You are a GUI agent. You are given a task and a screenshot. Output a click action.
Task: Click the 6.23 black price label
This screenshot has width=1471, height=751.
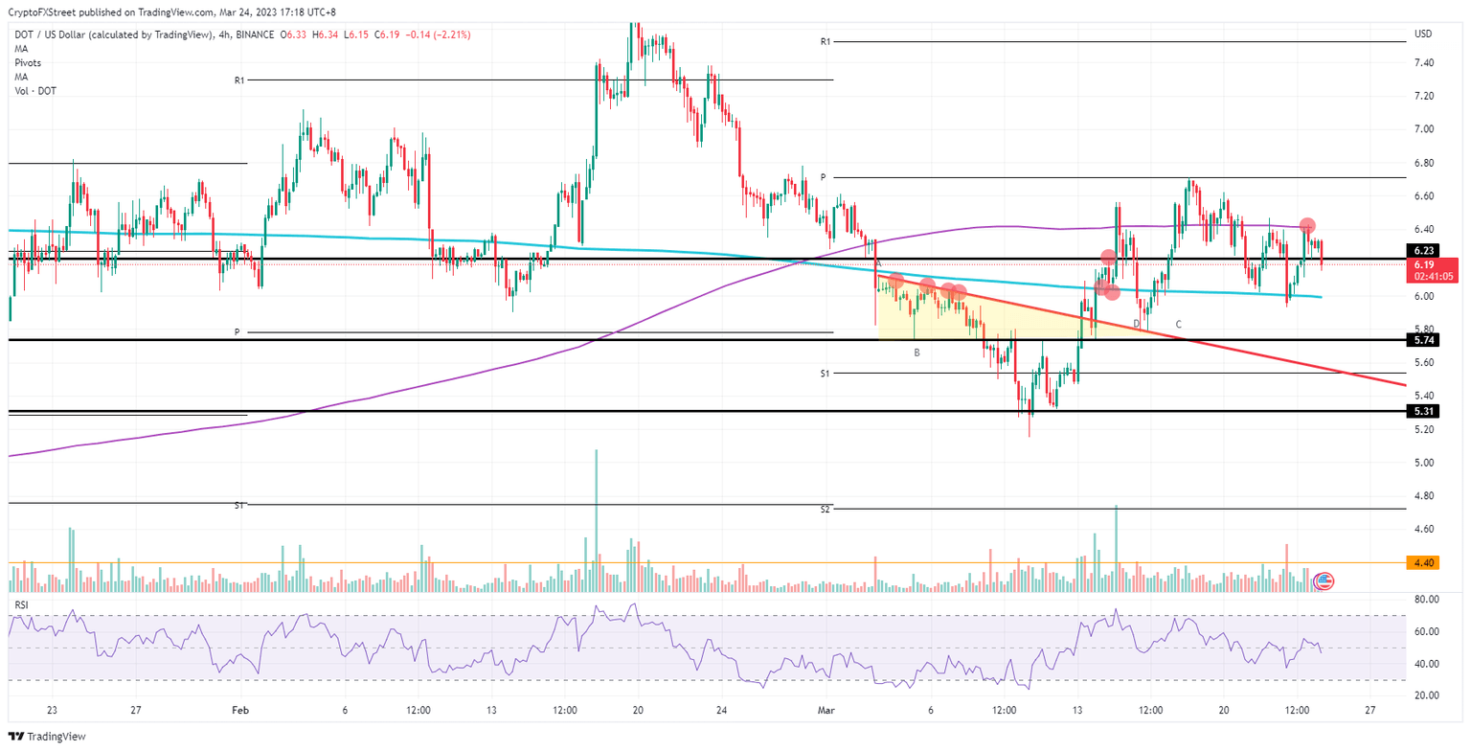click(x=1422, y=250)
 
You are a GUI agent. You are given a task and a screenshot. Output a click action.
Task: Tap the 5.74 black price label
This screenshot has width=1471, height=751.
click(x=1422, y=340)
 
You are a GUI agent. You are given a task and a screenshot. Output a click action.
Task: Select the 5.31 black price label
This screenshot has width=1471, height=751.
click(x=1422, y=411)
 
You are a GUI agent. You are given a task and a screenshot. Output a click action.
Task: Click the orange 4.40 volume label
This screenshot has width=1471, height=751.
click(x=1422, y=563)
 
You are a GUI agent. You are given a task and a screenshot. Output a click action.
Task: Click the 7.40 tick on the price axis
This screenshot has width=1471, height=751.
click(x=1422, y=63)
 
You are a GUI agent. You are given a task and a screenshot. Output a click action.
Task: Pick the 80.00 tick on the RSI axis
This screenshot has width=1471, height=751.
click(x=1425, y=600)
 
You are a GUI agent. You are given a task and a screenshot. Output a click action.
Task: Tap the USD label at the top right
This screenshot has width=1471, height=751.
click(x=1423, y=34)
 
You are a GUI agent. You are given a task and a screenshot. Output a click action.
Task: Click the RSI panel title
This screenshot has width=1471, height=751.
click(x=21, y=605)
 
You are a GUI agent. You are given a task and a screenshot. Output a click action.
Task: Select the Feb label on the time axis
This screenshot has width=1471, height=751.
click(x=240, y=711)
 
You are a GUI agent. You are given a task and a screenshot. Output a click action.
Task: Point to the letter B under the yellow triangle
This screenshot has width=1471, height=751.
click(x=917, y=353)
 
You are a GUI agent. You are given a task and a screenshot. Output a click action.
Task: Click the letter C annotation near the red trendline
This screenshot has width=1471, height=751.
click(x=1178, y=325)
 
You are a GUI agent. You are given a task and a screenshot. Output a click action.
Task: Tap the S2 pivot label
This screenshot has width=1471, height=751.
click(x=825, y=509)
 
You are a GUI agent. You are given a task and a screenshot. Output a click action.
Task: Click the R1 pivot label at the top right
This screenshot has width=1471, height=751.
click(x=825, y=42)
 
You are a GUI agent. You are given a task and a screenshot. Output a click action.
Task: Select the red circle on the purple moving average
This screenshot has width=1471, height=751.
click(x=1307, y=226)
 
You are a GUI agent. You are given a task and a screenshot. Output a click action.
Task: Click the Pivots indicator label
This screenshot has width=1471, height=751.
click(x=27, y=62)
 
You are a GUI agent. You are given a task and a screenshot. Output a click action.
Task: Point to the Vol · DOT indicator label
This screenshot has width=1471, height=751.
click(x=33, y=90)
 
